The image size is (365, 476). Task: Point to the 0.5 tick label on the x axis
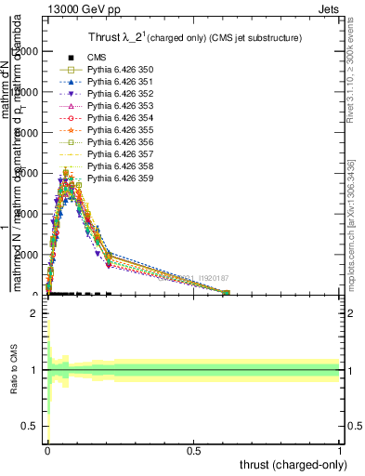(x=193, y=450)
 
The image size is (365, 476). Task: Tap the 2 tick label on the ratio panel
(x=34, y=314)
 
